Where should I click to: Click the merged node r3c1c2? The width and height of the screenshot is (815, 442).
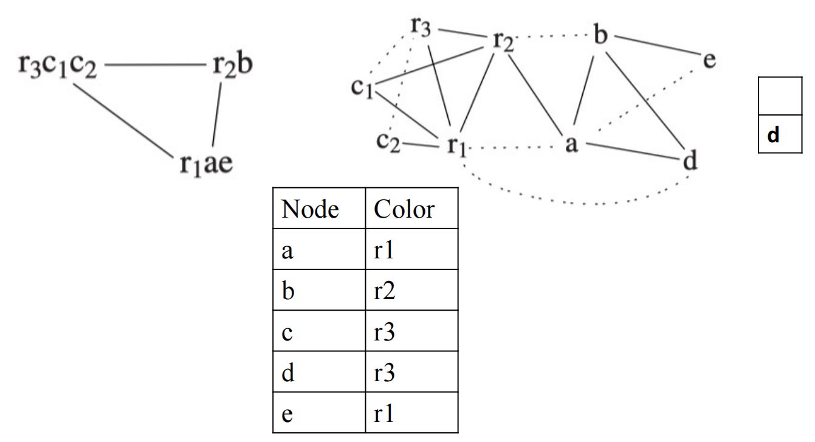tap(58, 66)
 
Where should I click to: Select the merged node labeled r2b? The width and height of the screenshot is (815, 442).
tap(233, 65)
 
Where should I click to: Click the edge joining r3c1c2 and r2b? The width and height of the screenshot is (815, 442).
tap(156, 65)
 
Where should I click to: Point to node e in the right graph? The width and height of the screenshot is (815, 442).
tap(709, 60)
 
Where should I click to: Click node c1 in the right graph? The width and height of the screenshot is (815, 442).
tap(362, 88)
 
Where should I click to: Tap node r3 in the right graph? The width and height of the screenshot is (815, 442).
tap(421, 26)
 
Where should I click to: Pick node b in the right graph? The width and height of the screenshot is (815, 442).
tap(600, 34)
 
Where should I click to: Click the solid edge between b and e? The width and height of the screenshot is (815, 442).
tap(658, 46)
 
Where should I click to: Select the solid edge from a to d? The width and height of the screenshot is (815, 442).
tap(633, 151)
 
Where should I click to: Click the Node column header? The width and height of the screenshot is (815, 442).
tap(310, 209)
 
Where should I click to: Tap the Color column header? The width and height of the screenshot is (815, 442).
tap(404, 209)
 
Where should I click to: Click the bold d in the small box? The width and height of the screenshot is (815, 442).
tap(773, 135)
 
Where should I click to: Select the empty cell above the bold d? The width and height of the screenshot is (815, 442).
tap(780, 95)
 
